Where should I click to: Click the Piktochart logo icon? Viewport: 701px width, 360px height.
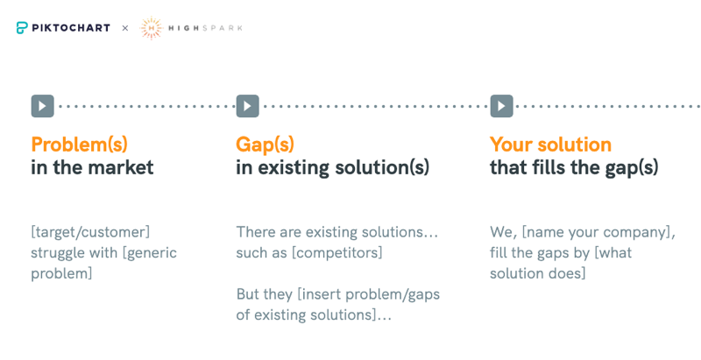[x=22, y=28]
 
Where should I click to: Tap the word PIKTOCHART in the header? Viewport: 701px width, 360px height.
[x=71, y=28]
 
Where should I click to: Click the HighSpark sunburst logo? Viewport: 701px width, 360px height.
[x=151, y=28]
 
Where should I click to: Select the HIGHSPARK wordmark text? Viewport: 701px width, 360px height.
[x=205, y=28]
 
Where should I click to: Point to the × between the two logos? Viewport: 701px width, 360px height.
[x=125, y=28]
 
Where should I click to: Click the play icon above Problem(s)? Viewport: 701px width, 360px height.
[x=42, y=106]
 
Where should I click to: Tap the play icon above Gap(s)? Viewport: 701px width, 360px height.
[x=248, y=106]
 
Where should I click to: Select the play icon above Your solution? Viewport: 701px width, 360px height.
[x=501, y=106]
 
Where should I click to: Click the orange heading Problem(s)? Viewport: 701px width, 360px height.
[x=79, y=145]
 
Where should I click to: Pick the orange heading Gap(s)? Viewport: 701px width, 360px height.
[x=266, y=145]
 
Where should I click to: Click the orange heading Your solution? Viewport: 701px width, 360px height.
[x=551, y=145]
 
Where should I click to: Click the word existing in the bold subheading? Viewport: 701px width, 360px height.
[x=294, y=168]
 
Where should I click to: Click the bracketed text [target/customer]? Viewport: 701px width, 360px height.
[x=90, y=232]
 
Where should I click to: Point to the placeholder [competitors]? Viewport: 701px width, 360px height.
[x=337, y=253]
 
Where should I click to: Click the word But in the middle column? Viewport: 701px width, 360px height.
[x=248, y=294]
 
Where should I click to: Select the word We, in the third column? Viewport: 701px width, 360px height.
[x=504, y=232]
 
